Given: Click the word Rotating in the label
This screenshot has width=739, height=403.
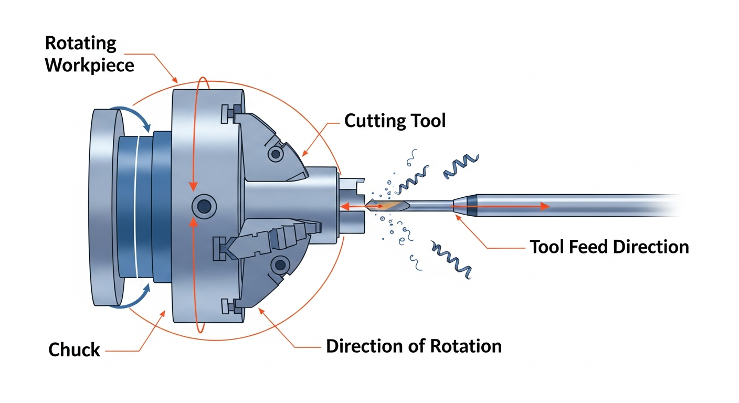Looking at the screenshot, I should [x=80, y=43].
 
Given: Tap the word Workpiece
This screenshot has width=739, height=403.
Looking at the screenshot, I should [x=89, y=66].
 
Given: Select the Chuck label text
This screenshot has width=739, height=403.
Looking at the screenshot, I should [x=74, y=349].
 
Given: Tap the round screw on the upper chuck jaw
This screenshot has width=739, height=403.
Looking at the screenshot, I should [x=275, y=153].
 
